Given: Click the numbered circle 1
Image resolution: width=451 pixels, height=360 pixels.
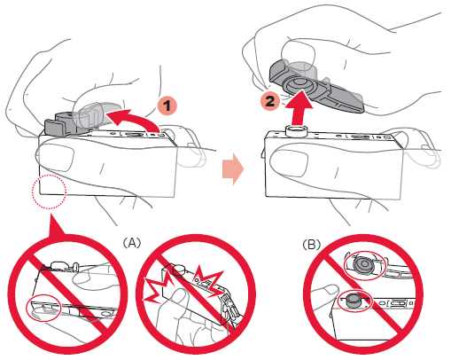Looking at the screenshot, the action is click(x=167, y=106).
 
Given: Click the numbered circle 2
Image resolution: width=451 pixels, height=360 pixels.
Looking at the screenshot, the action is click(x=270, y=101).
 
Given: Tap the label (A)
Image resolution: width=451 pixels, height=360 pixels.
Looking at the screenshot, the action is click(x=132, y=243).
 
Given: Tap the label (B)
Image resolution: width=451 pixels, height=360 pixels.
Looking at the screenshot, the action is click(x=311, y=244).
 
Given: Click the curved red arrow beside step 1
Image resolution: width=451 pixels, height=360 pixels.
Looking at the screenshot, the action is click(x=139, y=118).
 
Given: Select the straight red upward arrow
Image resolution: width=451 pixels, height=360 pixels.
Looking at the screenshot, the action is click(x=299, y=108).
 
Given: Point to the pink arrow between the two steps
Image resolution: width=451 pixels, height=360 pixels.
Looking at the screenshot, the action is click(x=233, y=169).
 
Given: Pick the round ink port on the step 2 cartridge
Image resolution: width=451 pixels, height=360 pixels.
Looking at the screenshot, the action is click(x=295, y=130).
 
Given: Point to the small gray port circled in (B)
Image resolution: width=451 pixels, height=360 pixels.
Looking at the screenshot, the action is click(x=353, y=301).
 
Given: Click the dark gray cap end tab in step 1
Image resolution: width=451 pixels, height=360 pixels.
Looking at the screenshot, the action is click(x=55, y=127).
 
